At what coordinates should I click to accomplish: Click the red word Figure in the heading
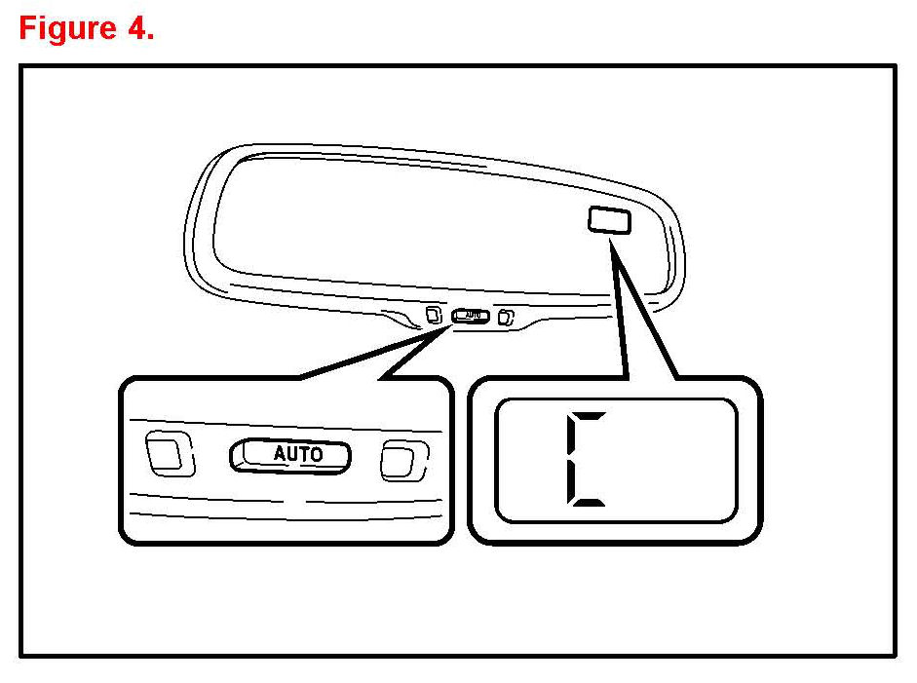[x=67, y=28]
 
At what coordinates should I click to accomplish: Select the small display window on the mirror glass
[x=609, y=220]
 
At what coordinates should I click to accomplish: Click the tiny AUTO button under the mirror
[x=472, y=316]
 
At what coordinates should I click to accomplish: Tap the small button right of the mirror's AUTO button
[x=506, y=317]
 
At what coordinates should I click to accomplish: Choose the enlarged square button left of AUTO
[x=165, y=453]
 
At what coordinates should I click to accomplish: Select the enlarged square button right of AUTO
[x=402, y=459]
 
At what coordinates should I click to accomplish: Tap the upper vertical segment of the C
[x=574, y=436]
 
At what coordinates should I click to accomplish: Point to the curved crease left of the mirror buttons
[x=399, y=317]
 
